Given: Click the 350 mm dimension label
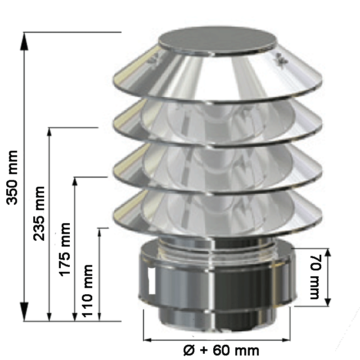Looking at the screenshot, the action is (x=12, y=177).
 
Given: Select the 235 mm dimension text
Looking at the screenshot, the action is (x=39, y=214).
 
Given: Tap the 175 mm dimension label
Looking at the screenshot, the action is (x=65, y=249).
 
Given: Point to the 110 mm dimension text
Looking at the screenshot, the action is (x=87, y=291).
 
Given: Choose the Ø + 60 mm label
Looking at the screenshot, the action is (x=221, y=351).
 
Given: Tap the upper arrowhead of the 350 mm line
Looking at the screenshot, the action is (x=24, y=41).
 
